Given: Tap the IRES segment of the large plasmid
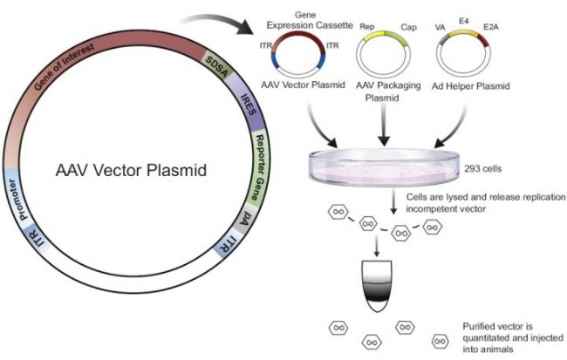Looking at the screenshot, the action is click(248, 103).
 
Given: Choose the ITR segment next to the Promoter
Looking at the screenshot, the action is click(36, 236).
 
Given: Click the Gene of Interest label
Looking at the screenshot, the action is click(65, 67).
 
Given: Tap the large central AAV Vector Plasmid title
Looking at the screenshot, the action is click(131, 170).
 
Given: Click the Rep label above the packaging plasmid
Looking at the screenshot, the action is click(367, 26).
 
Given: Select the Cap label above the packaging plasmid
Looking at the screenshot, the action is click(408, 28).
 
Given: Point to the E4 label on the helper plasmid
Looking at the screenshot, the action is click(463, 21).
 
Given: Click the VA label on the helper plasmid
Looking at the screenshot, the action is click(440, 28).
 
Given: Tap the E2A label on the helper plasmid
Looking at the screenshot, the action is click(491, 27).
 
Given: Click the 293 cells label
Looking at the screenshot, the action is click(482, 168).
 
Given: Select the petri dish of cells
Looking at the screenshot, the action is click(384, 166).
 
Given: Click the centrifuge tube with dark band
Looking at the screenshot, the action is click(377, 286).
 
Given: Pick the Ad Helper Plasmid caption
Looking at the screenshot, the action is click(470, 86).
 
